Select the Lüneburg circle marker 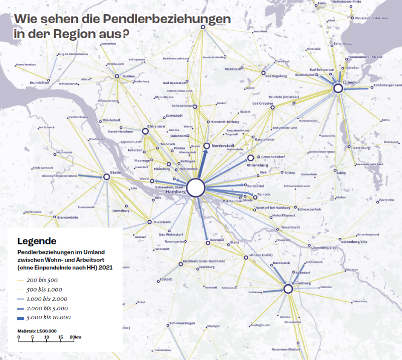click(x=288, y=289)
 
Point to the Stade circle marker click(x=107, y=176)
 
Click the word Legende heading click(x=37, y=241)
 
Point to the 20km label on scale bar click(x=75, y=337)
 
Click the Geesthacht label click(x=290, y=227)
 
